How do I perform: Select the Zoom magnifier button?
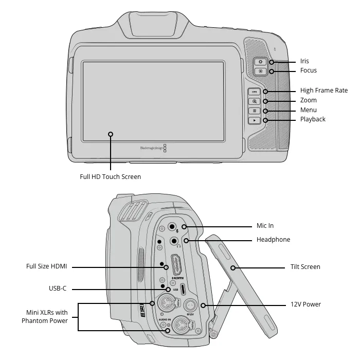tap(254, 101)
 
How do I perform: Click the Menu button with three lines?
tap(254, 111)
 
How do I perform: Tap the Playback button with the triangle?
tap(254, 120)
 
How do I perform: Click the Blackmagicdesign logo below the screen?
tap(154, 148)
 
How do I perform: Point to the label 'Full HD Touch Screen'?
tap(110, 176)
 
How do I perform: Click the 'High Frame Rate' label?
tap(323, 91)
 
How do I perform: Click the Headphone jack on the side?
tap(175, 240)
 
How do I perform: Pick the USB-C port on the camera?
tap(175, 289)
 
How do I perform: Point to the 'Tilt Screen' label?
tap(305, 267)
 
